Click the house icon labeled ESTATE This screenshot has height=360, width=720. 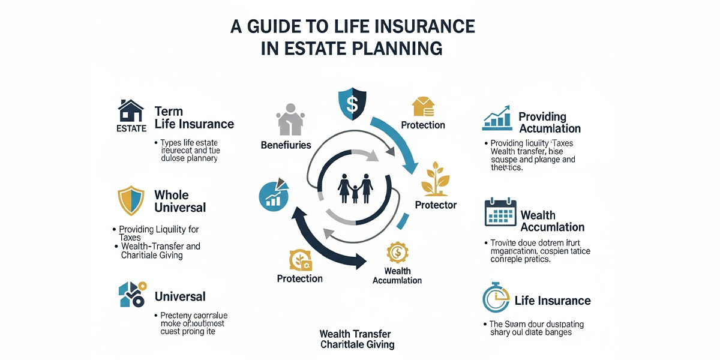[131, 112]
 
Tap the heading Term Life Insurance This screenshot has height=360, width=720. [194, 118]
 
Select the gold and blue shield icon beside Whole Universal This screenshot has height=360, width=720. [131, 200]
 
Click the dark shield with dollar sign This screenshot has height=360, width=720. [352, 103]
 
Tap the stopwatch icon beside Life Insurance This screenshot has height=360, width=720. [496, 298]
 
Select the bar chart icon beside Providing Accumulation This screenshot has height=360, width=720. [497, 118]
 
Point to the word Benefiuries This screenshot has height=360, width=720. [286, 145]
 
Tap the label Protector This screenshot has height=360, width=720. [436, 205]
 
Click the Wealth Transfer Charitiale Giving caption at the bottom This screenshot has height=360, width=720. [356, 339]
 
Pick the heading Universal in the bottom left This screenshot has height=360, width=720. [180, 296]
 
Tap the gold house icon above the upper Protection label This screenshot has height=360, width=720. [422, 107]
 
